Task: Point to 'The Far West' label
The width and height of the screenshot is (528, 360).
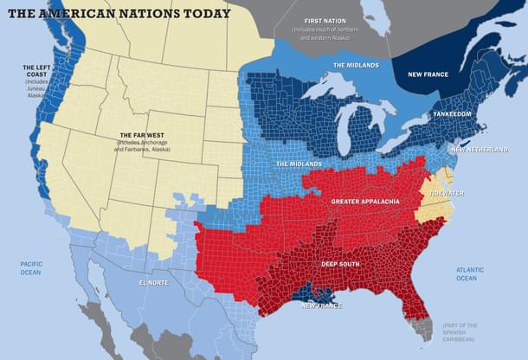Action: (141, 135)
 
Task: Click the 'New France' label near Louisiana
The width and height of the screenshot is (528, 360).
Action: (321, 305)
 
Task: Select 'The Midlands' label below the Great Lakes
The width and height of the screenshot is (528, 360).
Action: (299, 164)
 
